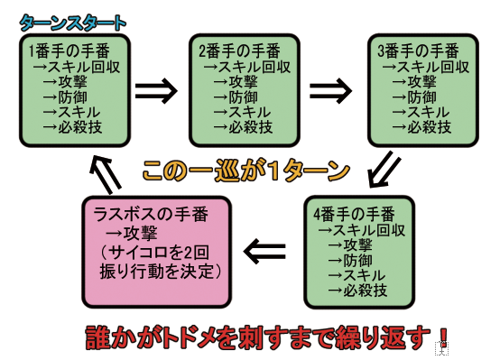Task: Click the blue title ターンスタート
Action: [73, 23]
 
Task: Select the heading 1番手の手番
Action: [69, 51]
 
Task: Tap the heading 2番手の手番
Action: [239, 51]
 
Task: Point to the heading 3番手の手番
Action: [418, 51]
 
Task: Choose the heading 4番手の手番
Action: [354, 214]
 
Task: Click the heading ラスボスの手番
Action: [151, 214]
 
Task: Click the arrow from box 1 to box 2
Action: [156, 90]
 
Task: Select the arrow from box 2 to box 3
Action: [330, 90]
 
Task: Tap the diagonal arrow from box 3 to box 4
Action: [384, 170]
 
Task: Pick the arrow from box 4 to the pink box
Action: [264, 251]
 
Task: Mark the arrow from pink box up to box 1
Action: [106, 174]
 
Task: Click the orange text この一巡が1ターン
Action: [245, 171]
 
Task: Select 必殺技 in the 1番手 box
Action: [79, 127]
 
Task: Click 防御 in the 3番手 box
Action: [421, 97]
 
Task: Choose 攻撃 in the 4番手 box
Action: [357, 245]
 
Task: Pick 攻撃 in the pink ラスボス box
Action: [140, 233]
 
